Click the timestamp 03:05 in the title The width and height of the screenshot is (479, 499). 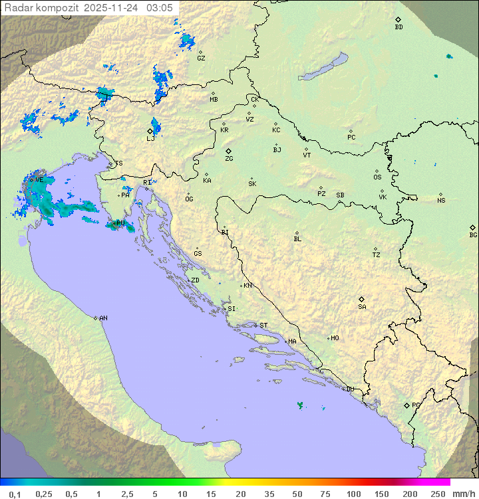coord(161,7)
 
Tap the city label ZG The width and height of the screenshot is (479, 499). coord(229,159)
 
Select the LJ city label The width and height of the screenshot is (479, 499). coord(150,139)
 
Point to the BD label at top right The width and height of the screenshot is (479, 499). coord(399,27)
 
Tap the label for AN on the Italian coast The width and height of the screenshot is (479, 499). coord(103,318)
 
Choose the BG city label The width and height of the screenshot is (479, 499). coord(473,235)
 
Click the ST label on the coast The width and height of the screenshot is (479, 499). coord(263,326)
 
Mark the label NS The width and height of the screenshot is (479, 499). coord(441,201)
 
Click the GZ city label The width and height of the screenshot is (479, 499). coord(201,58)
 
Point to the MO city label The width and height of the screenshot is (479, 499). coord(335,338)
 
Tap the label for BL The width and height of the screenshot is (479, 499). coord(297,239)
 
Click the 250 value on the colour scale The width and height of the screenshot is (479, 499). coord(438,494)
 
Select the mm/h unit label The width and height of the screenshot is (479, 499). coord(462,494)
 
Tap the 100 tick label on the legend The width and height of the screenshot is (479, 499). coord(353,494)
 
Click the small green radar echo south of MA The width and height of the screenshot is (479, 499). coord(300,404)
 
